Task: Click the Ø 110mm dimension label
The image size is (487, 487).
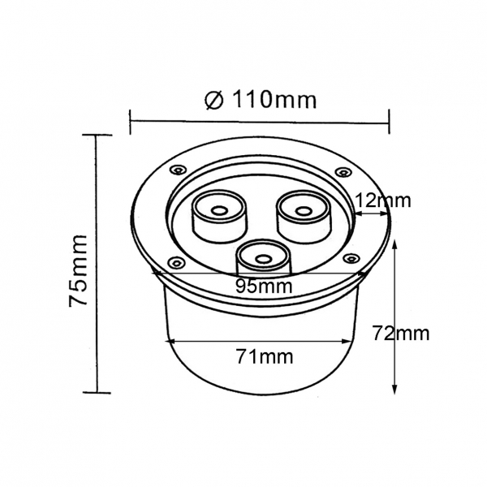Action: [261, 99]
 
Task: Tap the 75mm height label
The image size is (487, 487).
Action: [78, 270]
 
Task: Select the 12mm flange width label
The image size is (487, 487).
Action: [382, 200]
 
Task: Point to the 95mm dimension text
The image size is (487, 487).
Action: [264, 286]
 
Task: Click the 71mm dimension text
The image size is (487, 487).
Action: [265, 356]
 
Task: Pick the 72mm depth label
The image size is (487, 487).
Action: [401, 334]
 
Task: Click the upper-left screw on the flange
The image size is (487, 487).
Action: [179, 170]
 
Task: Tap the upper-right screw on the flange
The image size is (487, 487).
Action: [343, 172]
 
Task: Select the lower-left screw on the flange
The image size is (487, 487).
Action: [177, 262]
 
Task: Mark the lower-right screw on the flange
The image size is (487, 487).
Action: [351, 258]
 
